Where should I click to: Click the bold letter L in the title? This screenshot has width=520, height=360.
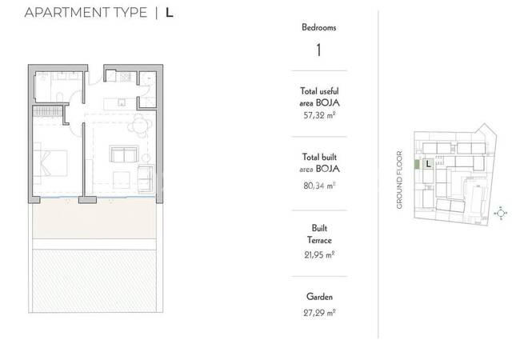pos(169,13)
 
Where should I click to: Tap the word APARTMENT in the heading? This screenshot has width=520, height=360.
pos(66,13)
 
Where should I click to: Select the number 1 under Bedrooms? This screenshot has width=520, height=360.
pos(318,50)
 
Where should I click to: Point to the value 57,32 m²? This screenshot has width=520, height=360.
pos(319,115)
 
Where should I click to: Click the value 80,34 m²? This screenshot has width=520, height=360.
pos(319,186)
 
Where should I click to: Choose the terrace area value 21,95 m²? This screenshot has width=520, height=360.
pos(319,255)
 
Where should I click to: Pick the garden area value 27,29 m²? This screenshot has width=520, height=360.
pos(319,313)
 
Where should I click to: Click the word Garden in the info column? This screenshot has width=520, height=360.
pos(319,297)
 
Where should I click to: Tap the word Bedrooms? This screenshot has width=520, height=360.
pos(319,27)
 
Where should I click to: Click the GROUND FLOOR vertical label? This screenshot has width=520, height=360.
pos(399,180)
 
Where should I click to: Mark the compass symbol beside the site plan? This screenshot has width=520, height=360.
pos(501,213)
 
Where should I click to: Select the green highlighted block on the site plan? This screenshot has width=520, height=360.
pos(417,165)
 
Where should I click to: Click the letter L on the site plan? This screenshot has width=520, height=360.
pos(429,164)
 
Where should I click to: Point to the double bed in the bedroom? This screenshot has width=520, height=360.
pos(50,163)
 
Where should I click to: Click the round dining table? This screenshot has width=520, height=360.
pos(140,126)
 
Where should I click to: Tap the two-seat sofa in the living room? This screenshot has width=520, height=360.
pos(124,154)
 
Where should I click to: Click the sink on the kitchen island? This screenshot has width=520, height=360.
pos(122,102)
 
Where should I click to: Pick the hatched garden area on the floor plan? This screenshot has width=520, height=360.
pos(94,281)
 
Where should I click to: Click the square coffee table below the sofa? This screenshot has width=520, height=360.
pos(122,180)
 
